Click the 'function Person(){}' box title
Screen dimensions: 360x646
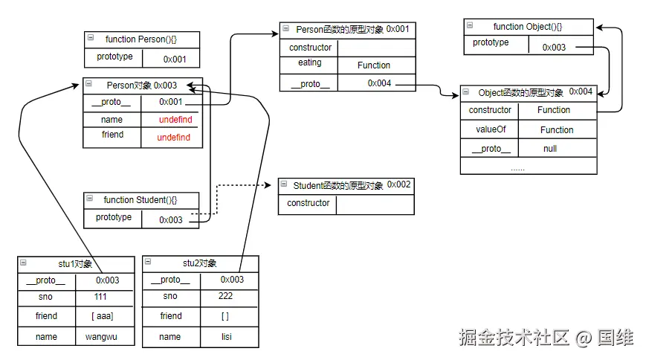(x=141, y=39)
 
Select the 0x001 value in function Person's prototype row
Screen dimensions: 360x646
(x=175, y=59)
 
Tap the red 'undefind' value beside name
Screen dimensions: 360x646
(x=175, y=120)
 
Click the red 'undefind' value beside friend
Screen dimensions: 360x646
(x=173, y=138)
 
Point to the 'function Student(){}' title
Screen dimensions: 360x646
(x=140, y=200)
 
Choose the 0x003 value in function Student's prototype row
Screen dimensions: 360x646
(x=171, y=220)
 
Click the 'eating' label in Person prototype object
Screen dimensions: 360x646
(x=309, y=63)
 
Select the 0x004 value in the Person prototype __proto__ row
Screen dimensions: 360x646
(x=379, y=83)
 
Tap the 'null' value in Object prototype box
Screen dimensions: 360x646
(x=550, y=149)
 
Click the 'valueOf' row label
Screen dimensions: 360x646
(x=491, y=129)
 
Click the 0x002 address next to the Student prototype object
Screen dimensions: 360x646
(x=398, y=184)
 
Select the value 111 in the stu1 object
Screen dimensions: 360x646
(x=100, y=296)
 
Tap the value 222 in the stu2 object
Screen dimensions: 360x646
(x=225, y=296)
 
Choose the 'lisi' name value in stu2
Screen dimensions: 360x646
(x=226, y=337)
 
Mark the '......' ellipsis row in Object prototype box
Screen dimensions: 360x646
(x=517, y=167)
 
